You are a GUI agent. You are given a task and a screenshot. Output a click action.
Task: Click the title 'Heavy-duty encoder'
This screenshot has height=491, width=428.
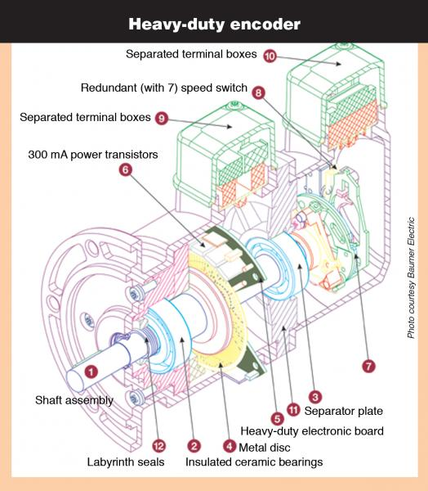point(214,22)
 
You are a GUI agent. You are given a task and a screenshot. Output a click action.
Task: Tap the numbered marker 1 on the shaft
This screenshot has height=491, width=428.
point(91,371)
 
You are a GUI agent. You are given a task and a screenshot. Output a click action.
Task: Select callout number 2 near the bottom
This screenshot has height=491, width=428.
point(194,446)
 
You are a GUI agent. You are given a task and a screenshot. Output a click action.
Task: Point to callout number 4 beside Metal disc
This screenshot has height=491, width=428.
point(230,447)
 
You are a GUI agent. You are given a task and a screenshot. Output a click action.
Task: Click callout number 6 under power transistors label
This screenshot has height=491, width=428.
point(125,169)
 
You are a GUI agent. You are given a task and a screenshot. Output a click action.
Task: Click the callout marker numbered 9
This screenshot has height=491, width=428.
point(161,118)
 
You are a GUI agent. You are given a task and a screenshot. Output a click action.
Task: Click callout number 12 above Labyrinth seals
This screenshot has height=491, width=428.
point(160,446)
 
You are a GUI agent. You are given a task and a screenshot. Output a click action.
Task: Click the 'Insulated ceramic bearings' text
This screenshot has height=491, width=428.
point(254,462)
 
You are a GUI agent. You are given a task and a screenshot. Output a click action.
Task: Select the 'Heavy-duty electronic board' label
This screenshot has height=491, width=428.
point(313,430)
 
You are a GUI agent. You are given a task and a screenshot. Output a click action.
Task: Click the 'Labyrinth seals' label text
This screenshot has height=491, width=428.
point(126,462)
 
